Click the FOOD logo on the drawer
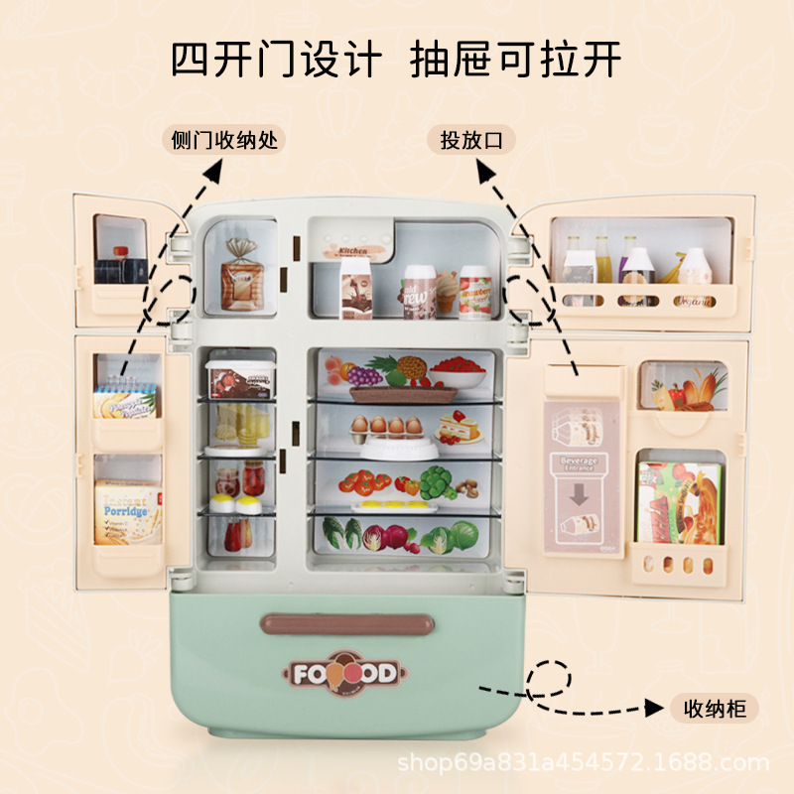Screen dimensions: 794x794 (343, 674)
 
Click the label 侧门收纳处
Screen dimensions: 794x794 (223, 140)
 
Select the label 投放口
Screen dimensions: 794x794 (472, 140)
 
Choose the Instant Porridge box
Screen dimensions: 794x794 (127, 511)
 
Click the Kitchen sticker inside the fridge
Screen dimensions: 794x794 (353, 251)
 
